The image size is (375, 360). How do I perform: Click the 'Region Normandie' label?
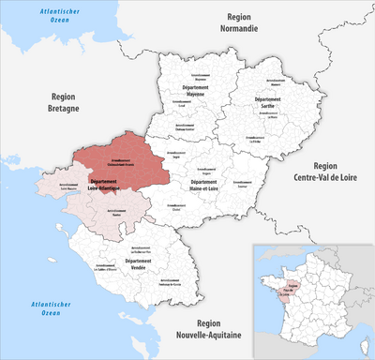[240, 22]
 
